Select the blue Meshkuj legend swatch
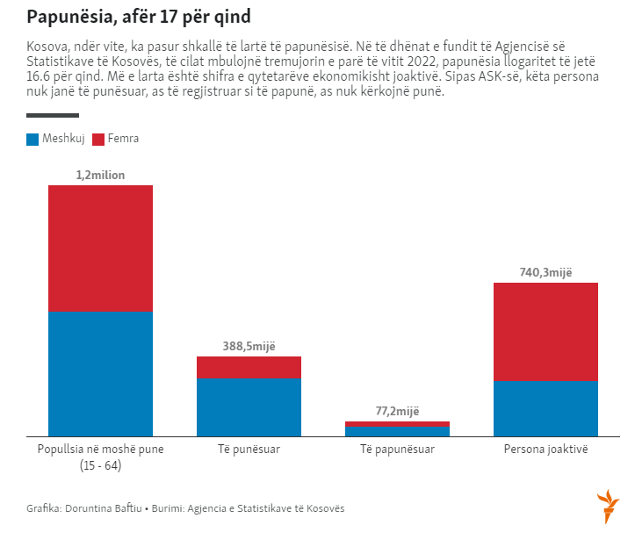[32, 139]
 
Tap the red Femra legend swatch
[97, 139]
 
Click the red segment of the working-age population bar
[100, 248]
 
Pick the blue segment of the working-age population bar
[100, 373]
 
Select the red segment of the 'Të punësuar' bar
[249, 367]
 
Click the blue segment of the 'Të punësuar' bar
[249, 407]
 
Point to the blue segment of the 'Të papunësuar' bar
[397, 431]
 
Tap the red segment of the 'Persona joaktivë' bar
[545, 331]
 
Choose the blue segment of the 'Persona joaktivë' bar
[545, 407]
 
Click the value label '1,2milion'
[100, 176]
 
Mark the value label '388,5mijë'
[249, 347]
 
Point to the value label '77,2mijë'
[397, 411]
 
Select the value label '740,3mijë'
[545, 273]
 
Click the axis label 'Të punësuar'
[249, 450]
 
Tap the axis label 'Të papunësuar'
[397, 450]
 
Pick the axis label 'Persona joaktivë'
[545, 450]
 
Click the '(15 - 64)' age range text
[100, 465]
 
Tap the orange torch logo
[608, 507]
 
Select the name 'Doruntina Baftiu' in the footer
[104, 508]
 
